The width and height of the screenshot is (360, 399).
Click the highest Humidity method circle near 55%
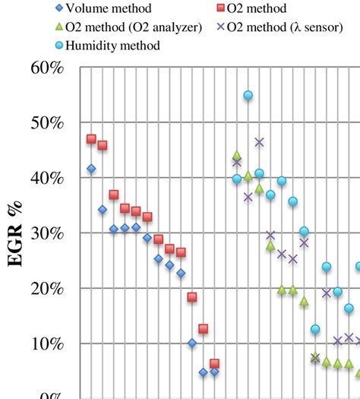(x=248, y=96)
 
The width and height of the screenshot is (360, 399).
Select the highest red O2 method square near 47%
(x=91, y=139)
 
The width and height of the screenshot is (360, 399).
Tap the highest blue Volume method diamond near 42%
(x=91, y=169)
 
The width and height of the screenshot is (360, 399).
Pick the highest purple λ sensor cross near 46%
(x=259, y=142)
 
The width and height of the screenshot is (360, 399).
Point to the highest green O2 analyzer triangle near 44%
(x=236, y=155)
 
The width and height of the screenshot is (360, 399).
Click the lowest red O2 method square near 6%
(x=214, y=364)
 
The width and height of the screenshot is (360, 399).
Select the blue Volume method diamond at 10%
(x=192, y=344)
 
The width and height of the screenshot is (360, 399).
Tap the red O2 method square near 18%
(x=192, y=297)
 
